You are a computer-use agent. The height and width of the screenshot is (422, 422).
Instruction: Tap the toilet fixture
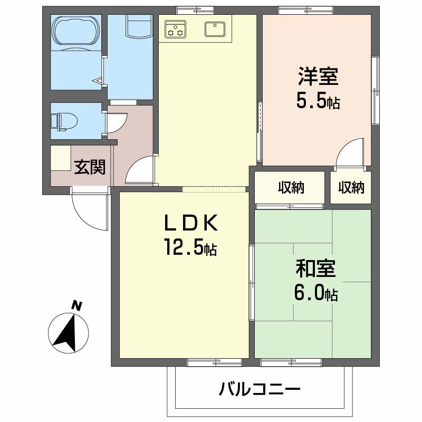pos(64,122)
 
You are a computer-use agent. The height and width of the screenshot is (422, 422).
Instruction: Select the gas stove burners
pos(176,30)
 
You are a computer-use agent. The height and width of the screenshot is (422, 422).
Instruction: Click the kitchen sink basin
pos(215,29)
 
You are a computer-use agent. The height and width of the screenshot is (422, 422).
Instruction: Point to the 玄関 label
pos(90,167)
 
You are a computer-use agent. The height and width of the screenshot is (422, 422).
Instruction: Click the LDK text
pos(191,223)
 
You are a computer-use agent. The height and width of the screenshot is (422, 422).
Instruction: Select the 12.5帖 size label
pos(190,247)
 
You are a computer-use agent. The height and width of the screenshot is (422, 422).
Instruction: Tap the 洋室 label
pos(318,76)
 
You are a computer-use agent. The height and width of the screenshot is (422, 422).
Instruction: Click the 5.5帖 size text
pos(318,100)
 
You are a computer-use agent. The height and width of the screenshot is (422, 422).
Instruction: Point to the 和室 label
pos(315,268)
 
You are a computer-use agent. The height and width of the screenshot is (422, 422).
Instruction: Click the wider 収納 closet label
pos(291,187)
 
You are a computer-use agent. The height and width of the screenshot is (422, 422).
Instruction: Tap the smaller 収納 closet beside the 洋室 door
pos(351,187)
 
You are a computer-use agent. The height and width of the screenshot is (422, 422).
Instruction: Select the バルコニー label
pos(260,389)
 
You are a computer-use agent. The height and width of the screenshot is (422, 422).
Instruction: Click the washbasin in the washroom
pos(139,26)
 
